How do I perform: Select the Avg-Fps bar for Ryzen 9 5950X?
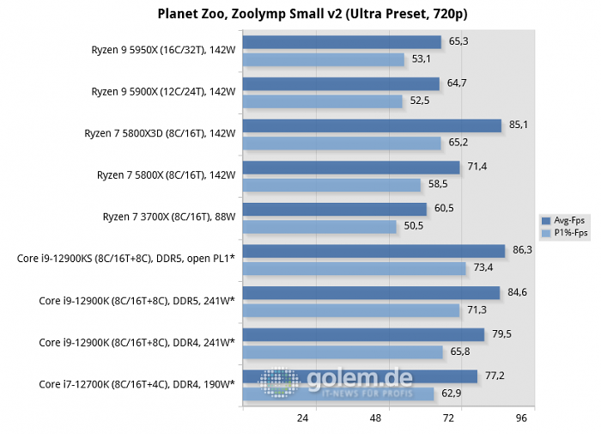[342, 42]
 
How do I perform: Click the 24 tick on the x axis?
[303, 419]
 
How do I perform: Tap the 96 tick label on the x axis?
[520, 419]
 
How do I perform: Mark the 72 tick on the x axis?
[448, 419]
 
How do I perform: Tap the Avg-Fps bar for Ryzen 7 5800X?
[351, 168]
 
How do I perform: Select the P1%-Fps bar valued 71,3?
[351, 310]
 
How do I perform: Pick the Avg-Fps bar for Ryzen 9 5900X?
[341, 84]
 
